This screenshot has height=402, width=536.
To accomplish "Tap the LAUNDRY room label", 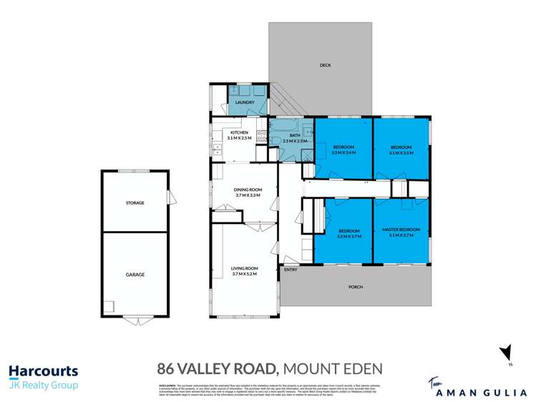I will pyautogui.click(x=245, y=102).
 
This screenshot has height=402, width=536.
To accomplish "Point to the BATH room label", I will pyautogui.click(x=294, y=134).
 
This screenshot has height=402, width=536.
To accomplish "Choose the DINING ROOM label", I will pyautogui.click(x=247, y=190).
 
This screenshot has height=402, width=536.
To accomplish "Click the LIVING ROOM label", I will pyautogui.click(x=244, y=269).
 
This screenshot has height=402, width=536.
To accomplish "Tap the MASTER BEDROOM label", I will pyautogui.click(x=401, y=230).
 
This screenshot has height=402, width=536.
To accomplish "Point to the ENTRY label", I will pyautogui.click(x=291, y=270).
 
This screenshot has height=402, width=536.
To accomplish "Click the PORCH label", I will pyautogui.click(x=355, y=287).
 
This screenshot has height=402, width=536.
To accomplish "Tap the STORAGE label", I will pyautogui.click(x=135, y=202).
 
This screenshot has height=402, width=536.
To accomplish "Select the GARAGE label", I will pyautogui.click(x=135, y=274).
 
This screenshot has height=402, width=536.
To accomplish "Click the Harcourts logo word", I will pyautogui.click(x=43, y=371).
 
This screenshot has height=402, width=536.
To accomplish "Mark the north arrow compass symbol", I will pyautogui.click(x=507, y=353).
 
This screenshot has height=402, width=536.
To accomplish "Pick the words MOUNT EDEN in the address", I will pyautogui.click(x=333, y=369).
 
